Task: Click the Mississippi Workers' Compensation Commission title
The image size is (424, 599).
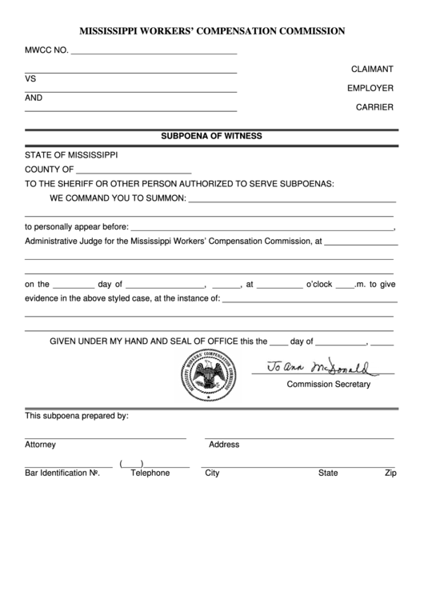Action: (x=212, y=31)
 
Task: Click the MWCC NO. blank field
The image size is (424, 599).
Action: (x=154, y=50)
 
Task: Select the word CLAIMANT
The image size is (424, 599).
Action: (x=372, y=70)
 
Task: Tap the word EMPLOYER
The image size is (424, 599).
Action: (x=370, y=88)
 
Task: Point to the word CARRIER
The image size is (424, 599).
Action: (x=375, y=106)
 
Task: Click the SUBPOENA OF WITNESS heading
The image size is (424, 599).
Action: (x=212, y=136)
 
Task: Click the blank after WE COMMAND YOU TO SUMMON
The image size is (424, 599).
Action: (x=292, y=198)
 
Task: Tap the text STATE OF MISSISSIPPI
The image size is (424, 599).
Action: (x=71, y=154)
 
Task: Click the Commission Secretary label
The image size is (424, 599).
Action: (x=329, y=385)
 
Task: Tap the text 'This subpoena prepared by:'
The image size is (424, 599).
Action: (x=77, y=416)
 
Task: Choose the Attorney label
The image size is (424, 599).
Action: (x=40, y=445)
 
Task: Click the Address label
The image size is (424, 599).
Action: (x=224, y=445)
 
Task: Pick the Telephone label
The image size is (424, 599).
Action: (x=150, y=473)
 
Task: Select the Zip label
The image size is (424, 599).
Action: (x=390, y=473)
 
